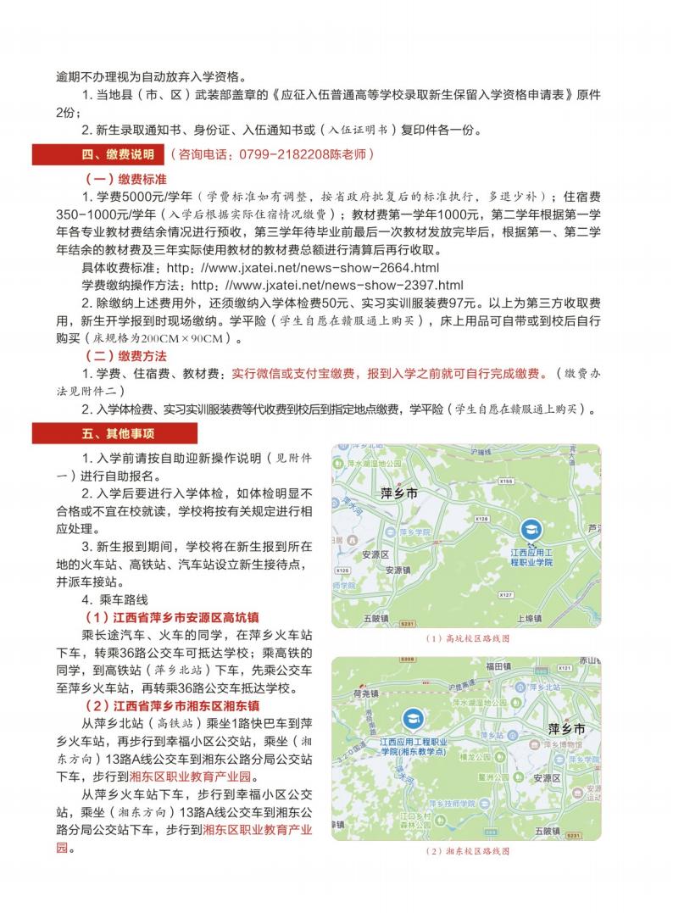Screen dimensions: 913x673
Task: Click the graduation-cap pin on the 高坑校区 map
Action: (x=531, y=529)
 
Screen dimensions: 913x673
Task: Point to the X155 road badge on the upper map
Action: (x=506, y=482)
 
